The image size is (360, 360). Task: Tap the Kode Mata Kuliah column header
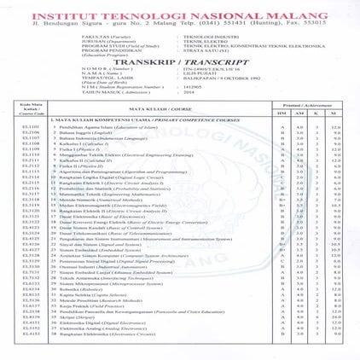tap(26, 131)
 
